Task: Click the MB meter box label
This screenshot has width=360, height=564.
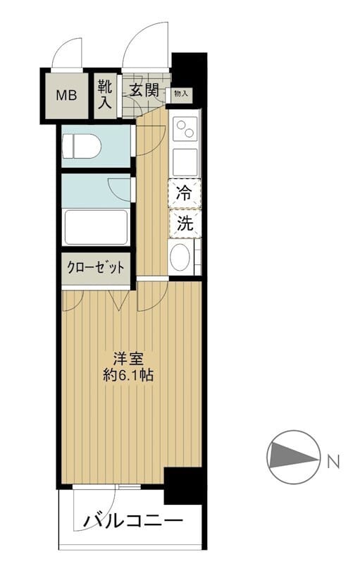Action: tap(67, 94)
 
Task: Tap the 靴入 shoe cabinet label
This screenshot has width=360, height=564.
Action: tap(104, 94)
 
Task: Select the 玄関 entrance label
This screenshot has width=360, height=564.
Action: tap(143, 90)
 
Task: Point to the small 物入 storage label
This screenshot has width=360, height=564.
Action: tap(180, 92)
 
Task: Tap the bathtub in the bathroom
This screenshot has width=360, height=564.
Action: tap(96, 227)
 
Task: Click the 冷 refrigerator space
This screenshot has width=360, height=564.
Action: tap(184, 194)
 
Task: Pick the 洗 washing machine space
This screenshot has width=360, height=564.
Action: tap(184, 225)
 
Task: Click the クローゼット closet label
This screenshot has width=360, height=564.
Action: tap(96, 268)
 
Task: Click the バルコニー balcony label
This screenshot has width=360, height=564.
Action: tap(134, 522)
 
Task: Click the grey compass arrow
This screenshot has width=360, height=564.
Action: tap(292, 456)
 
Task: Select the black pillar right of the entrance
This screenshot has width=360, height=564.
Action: tap(189, 70)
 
